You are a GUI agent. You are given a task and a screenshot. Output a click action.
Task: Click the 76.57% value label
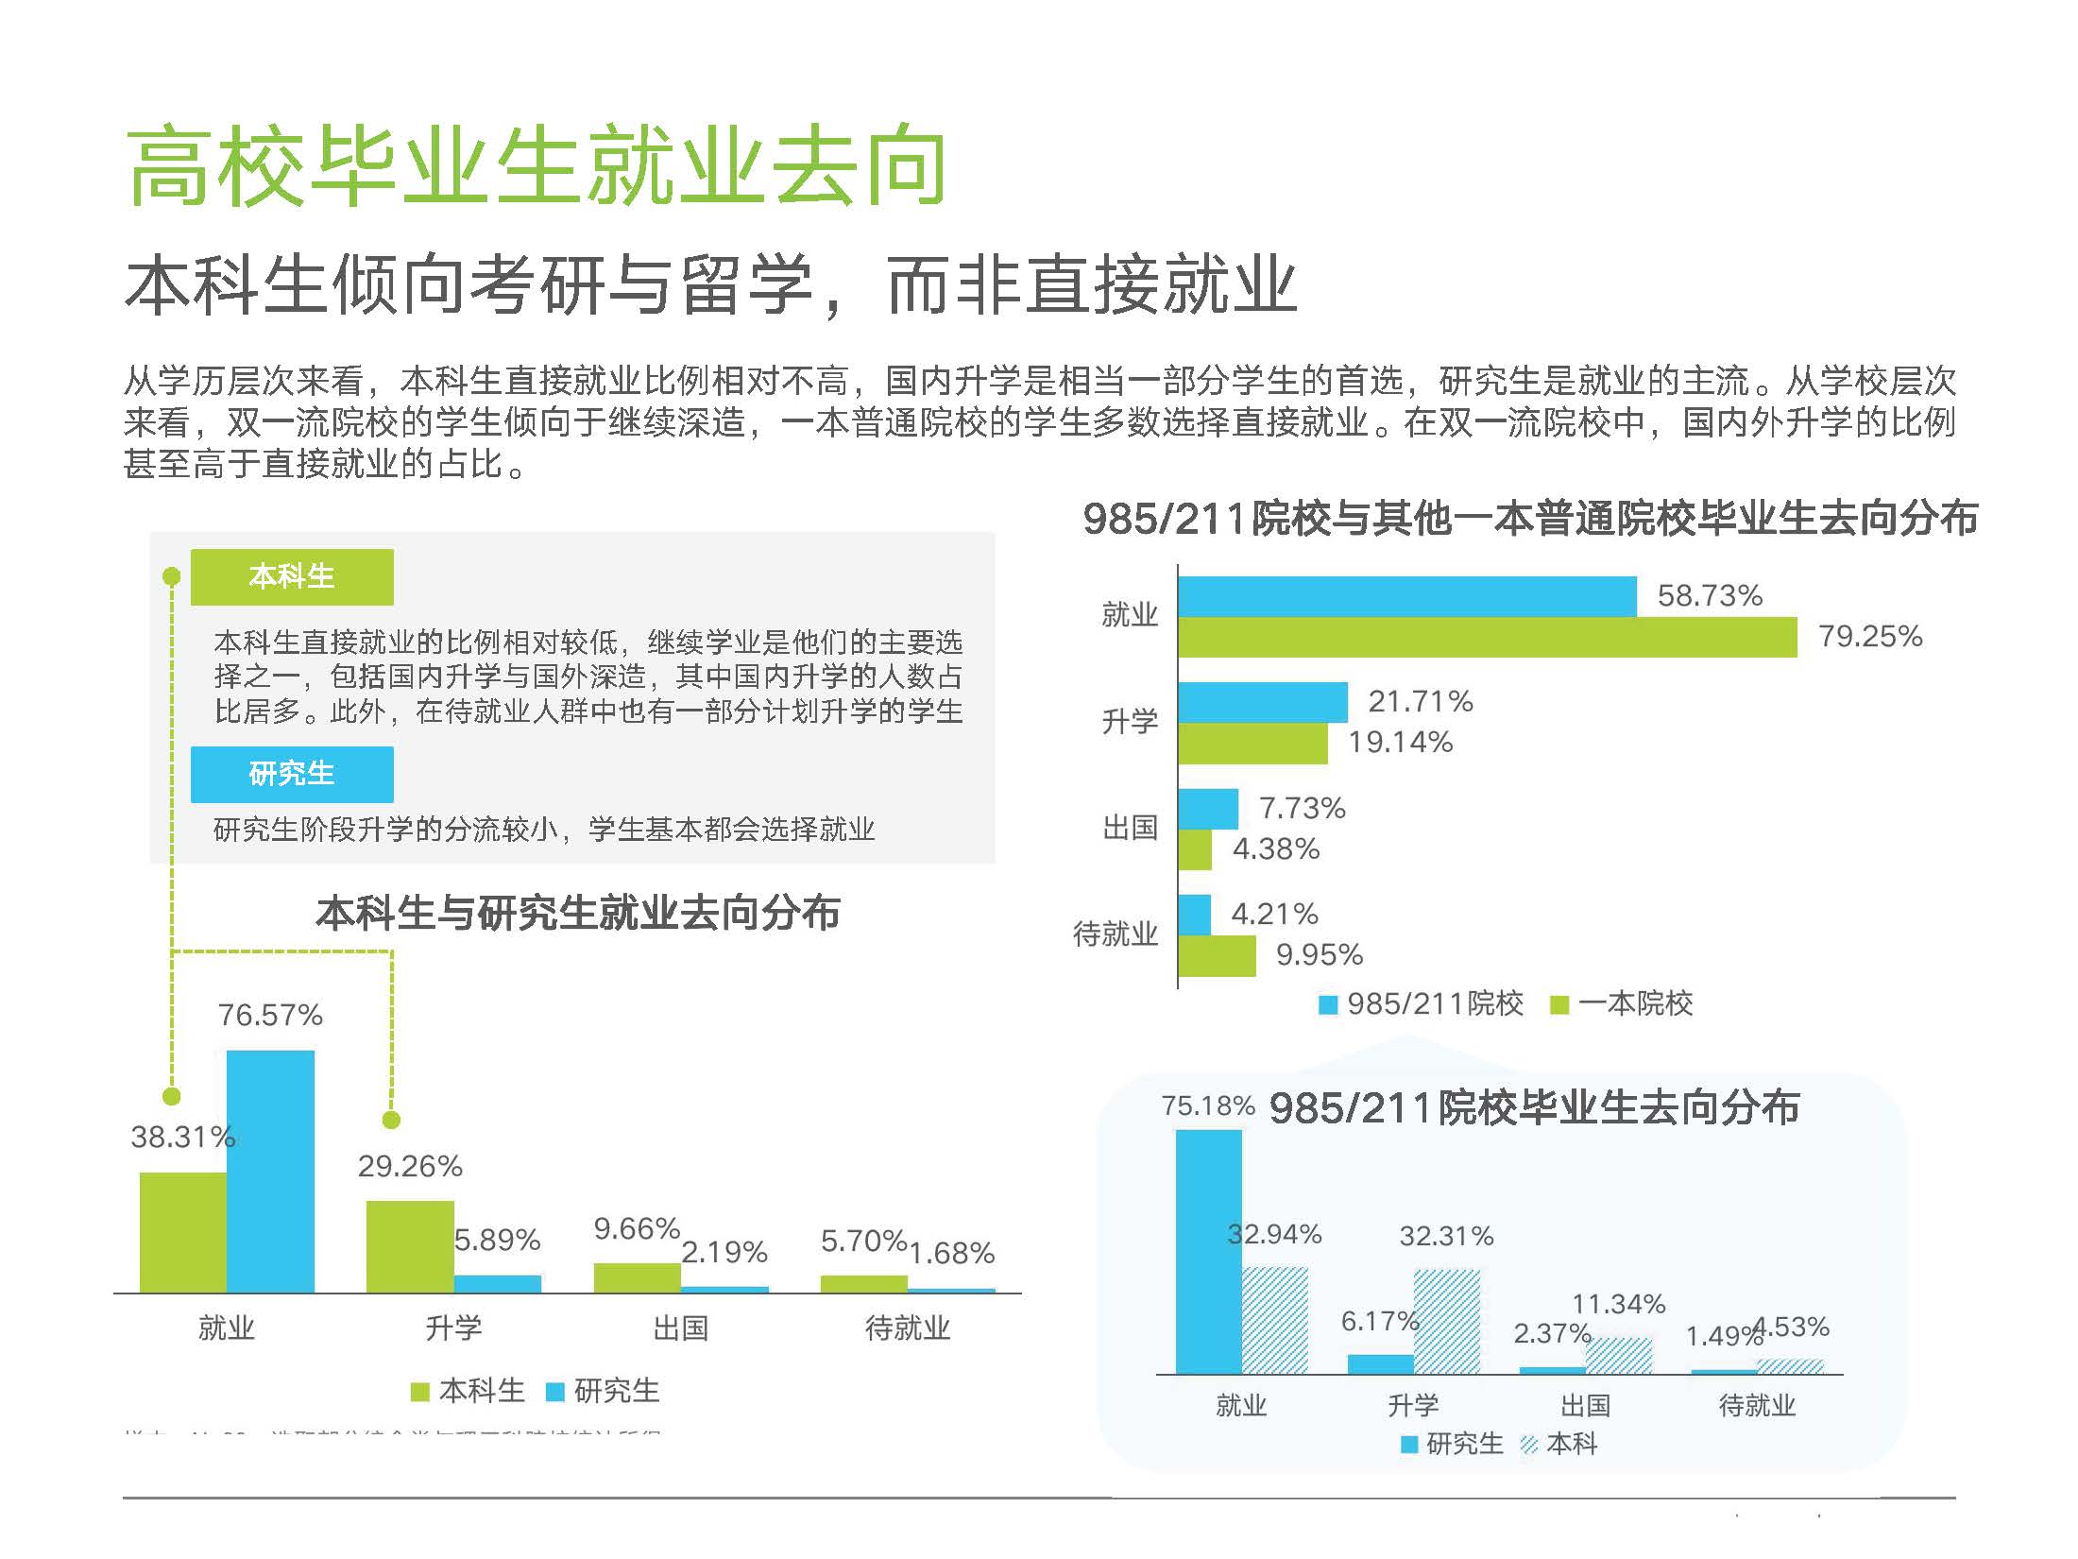270,1015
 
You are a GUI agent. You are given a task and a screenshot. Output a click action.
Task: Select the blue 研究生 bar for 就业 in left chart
270,1172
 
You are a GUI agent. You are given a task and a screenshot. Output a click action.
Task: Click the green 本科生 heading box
292,576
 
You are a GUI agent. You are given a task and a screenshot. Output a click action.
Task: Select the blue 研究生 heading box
292,774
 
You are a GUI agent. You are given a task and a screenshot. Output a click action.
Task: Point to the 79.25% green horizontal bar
1487,637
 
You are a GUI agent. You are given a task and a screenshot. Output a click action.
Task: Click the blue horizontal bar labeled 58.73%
1406,596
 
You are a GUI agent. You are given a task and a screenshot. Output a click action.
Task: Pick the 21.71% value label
1421,701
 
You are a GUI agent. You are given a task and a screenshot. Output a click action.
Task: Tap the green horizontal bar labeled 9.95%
1217,955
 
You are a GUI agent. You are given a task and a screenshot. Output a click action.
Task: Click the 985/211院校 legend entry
1422,1003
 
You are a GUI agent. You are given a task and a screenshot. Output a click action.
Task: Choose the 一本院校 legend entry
1622,1003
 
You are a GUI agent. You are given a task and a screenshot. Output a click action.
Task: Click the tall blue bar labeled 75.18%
1208,1251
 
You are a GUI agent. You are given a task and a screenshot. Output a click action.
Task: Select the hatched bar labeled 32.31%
1446,1321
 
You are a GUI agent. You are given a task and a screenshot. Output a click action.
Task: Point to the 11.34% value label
1618,1304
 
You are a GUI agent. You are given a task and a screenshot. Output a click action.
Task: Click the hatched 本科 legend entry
1559,1444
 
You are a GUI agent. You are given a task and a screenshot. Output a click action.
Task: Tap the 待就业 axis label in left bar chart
907,1328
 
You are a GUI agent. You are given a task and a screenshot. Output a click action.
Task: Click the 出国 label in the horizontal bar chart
1130,829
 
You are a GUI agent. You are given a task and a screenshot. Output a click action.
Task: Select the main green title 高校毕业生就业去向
536,167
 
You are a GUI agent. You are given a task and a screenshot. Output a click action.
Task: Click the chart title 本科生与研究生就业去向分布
577,913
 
